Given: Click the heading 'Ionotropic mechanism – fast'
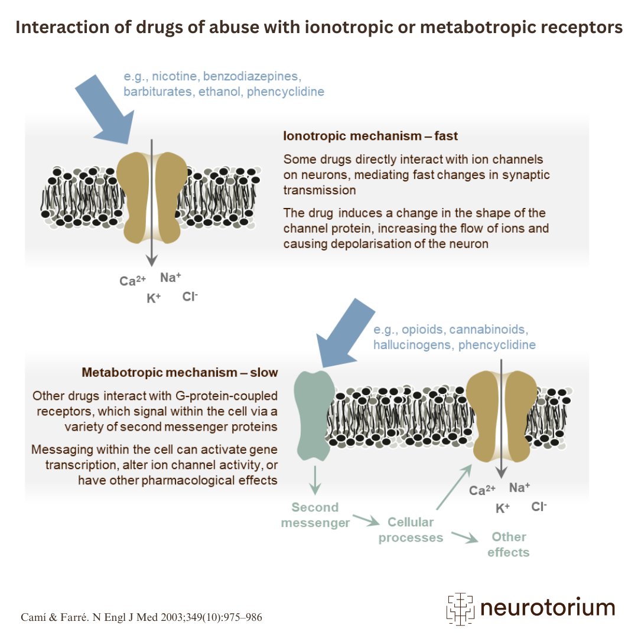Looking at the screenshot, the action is [370, 136].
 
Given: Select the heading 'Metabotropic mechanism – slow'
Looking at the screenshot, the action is [180, 372].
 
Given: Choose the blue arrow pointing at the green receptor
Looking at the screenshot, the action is [345, 333].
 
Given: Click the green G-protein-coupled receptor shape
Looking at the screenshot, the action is [314, 415].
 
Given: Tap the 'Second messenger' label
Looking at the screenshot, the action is [315, 515].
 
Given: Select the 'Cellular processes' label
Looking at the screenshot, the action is [411, 530].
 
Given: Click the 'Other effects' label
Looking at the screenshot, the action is [509, 545].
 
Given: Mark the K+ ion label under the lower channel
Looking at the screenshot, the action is [503, 508].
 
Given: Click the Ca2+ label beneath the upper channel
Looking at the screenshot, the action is [133, 281].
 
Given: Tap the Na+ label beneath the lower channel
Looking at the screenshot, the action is [520, 487].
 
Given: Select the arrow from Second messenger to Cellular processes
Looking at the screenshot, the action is [366, 520].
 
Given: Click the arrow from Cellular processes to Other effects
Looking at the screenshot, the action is [465, 537].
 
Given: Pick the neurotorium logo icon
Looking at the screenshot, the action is [460, 608].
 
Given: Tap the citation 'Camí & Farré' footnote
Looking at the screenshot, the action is [54, 617].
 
